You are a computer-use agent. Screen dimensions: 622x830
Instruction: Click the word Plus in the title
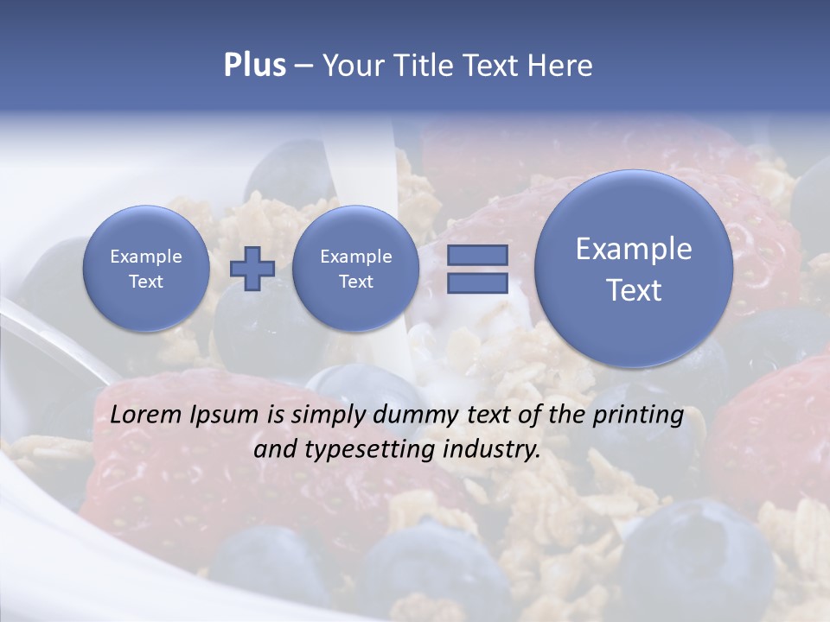click(254, 65)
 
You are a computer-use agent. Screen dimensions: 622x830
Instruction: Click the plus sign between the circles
click(252, 268)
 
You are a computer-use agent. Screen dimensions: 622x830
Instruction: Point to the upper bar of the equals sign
click(477, 255)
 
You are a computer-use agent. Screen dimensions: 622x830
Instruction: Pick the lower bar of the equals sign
click(477, 282)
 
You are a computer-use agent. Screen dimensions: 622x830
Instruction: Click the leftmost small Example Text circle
click(146, 269)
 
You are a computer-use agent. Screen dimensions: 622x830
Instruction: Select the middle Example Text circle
click(356, 269)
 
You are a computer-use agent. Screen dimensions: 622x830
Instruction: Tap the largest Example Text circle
click(634, 269)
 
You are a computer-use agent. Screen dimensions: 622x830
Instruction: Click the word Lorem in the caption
click(147, 415)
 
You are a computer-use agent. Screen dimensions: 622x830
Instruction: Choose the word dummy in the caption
click(410, 416)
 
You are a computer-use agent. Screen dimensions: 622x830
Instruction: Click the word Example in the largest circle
click(634, 249)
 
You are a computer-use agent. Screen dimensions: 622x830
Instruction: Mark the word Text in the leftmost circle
click(146, 282)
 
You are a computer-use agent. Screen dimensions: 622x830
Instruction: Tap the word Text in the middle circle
click(356, 282)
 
